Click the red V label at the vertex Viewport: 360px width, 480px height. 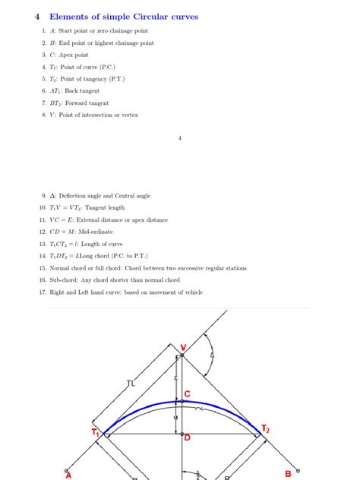[x=183, y=347]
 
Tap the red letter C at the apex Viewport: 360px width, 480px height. [x=188, y=394]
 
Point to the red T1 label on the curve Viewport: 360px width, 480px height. [x=96, y=432]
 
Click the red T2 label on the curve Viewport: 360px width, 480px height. [x=265, y=430]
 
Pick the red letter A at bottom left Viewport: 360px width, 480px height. [x=68, y=475]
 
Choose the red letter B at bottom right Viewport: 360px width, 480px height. [x=289, y=474]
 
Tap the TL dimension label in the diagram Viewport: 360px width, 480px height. [x=131, y=384]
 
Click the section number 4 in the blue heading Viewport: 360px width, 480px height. [x=36, y=16]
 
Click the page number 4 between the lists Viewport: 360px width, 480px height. [x=179, y=138]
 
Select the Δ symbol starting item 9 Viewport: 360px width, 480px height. [x=52, y=195]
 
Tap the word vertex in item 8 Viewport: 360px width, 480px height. [x=130, y=115]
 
